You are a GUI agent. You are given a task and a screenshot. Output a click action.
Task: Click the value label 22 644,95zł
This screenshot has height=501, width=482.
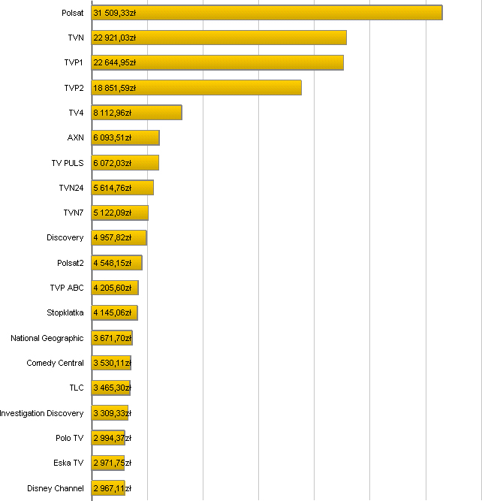[115, 63]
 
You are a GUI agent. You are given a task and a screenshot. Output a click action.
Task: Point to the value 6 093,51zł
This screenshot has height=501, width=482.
[113, 138]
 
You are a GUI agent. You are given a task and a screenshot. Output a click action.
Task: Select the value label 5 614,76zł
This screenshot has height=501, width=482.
[113, 188]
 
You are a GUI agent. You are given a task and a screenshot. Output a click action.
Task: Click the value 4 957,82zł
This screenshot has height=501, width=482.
[113, 238]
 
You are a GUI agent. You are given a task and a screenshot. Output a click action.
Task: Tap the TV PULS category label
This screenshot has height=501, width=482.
[68, 163]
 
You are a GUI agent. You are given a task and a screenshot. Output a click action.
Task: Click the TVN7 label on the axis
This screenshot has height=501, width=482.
[74, 213]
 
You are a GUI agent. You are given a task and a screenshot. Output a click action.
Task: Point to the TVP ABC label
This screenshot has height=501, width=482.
[67, 288]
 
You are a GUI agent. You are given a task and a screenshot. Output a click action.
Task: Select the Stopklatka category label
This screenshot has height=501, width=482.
[65, 313]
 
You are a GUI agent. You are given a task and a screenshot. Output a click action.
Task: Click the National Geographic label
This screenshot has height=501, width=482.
[47, 338]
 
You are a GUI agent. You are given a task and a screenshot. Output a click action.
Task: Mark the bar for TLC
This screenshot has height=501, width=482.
[111, 388]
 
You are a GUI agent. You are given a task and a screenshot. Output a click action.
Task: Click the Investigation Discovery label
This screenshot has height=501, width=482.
[42, 413]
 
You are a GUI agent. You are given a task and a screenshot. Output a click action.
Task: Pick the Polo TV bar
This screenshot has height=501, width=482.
[108, 438]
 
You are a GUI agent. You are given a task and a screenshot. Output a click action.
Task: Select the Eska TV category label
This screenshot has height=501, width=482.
[69, 463]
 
